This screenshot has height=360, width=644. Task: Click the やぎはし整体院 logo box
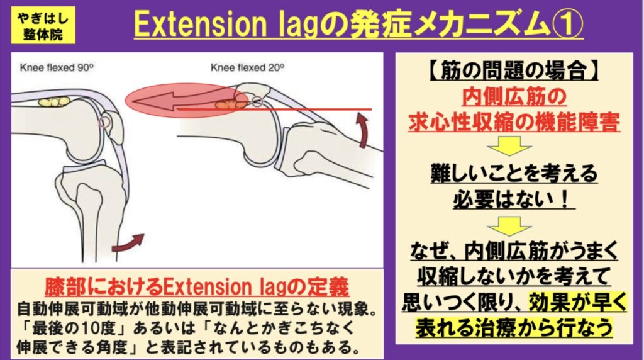38,25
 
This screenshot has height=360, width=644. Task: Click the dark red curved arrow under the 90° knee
130,242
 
